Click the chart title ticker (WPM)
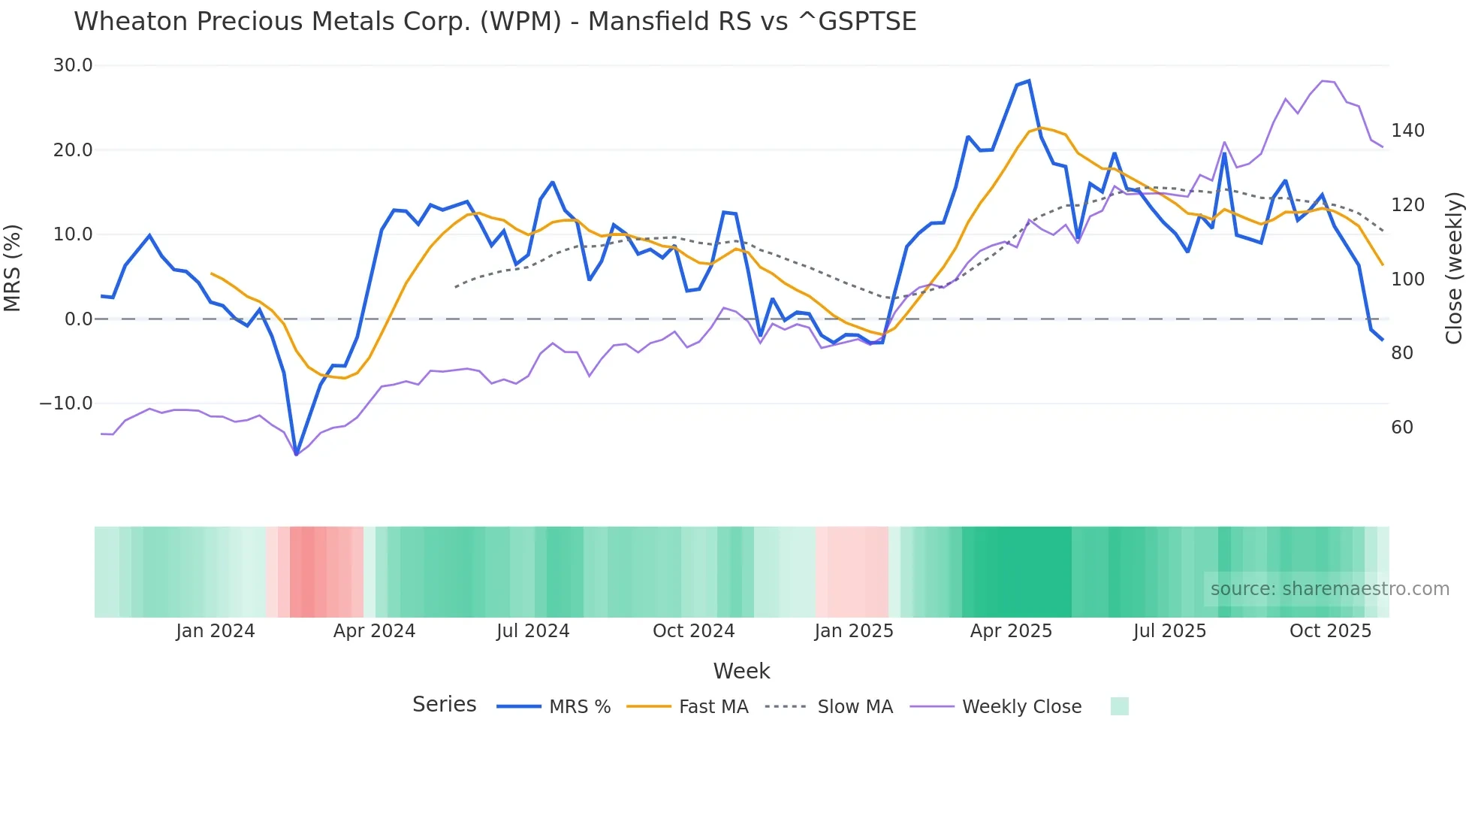(520, 22)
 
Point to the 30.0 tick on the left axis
(73, 65)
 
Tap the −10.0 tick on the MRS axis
(66, 403)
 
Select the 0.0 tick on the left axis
(78, 319)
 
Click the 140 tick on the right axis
(1407, 131)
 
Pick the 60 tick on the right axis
(1402, 428)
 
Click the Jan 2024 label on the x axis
(216, 631)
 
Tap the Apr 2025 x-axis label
(1011, 631)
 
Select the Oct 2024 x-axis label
(693, 631)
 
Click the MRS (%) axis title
(13, 268)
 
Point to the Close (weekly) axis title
(1454, 268)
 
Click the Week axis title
(741, 671)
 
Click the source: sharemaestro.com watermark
(1329, 589)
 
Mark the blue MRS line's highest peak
(1029, 80)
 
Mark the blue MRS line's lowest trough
(297, 455)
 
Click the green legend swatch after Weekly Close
(1119, 706)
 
